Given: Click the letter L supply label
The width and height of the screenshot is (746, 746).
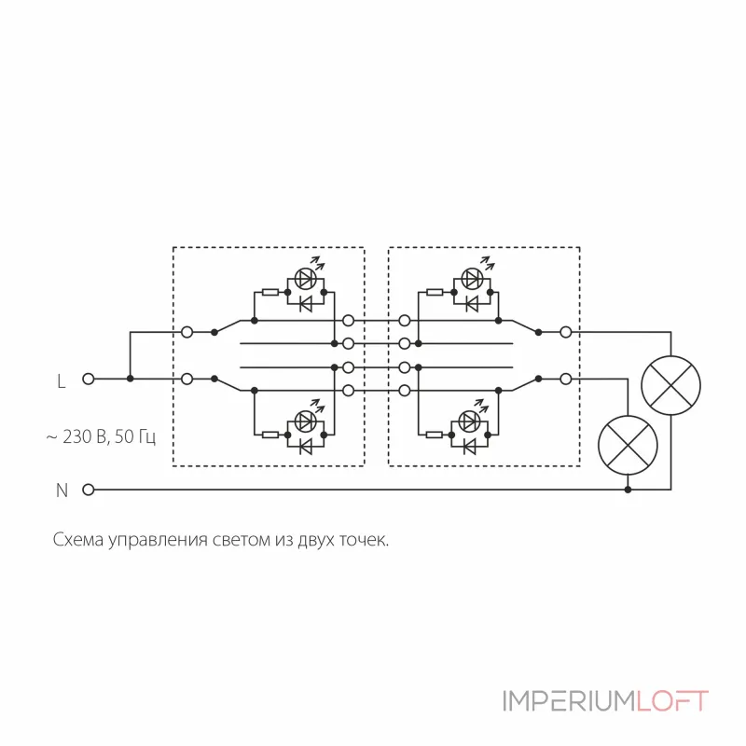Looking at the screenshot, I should [62, 380].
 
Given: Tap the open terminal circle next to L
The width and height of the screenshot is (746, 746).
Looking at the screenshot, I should [90, 379].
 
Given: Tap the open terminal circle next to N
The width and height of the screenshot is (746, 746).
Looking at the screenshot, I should [90, 490].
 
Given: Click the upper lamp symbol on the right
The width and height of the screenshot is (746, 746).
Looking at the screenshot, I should [671, 386].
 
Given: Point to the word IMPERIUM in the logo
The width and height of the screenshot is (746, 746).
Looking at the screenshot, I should [569, 701].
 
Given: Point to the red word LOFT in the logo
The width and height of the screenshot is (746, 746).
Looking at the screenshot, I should [673, 701].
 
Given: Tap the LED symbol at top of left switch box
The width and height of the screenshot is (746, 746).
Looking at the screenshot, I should [304, 278].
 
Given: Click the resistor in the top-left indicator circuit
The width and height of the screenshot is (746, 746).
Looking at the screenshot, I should [269, 293].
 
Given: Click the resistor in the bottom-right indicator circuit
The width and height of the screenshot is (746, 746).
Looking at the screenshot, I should [435, 435].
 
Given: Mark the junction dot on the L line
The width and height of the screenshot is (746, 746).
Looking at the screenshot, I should [131, 379].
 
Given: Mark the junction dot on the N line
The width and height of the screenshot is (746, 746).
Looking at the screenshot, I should [627, 490].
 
